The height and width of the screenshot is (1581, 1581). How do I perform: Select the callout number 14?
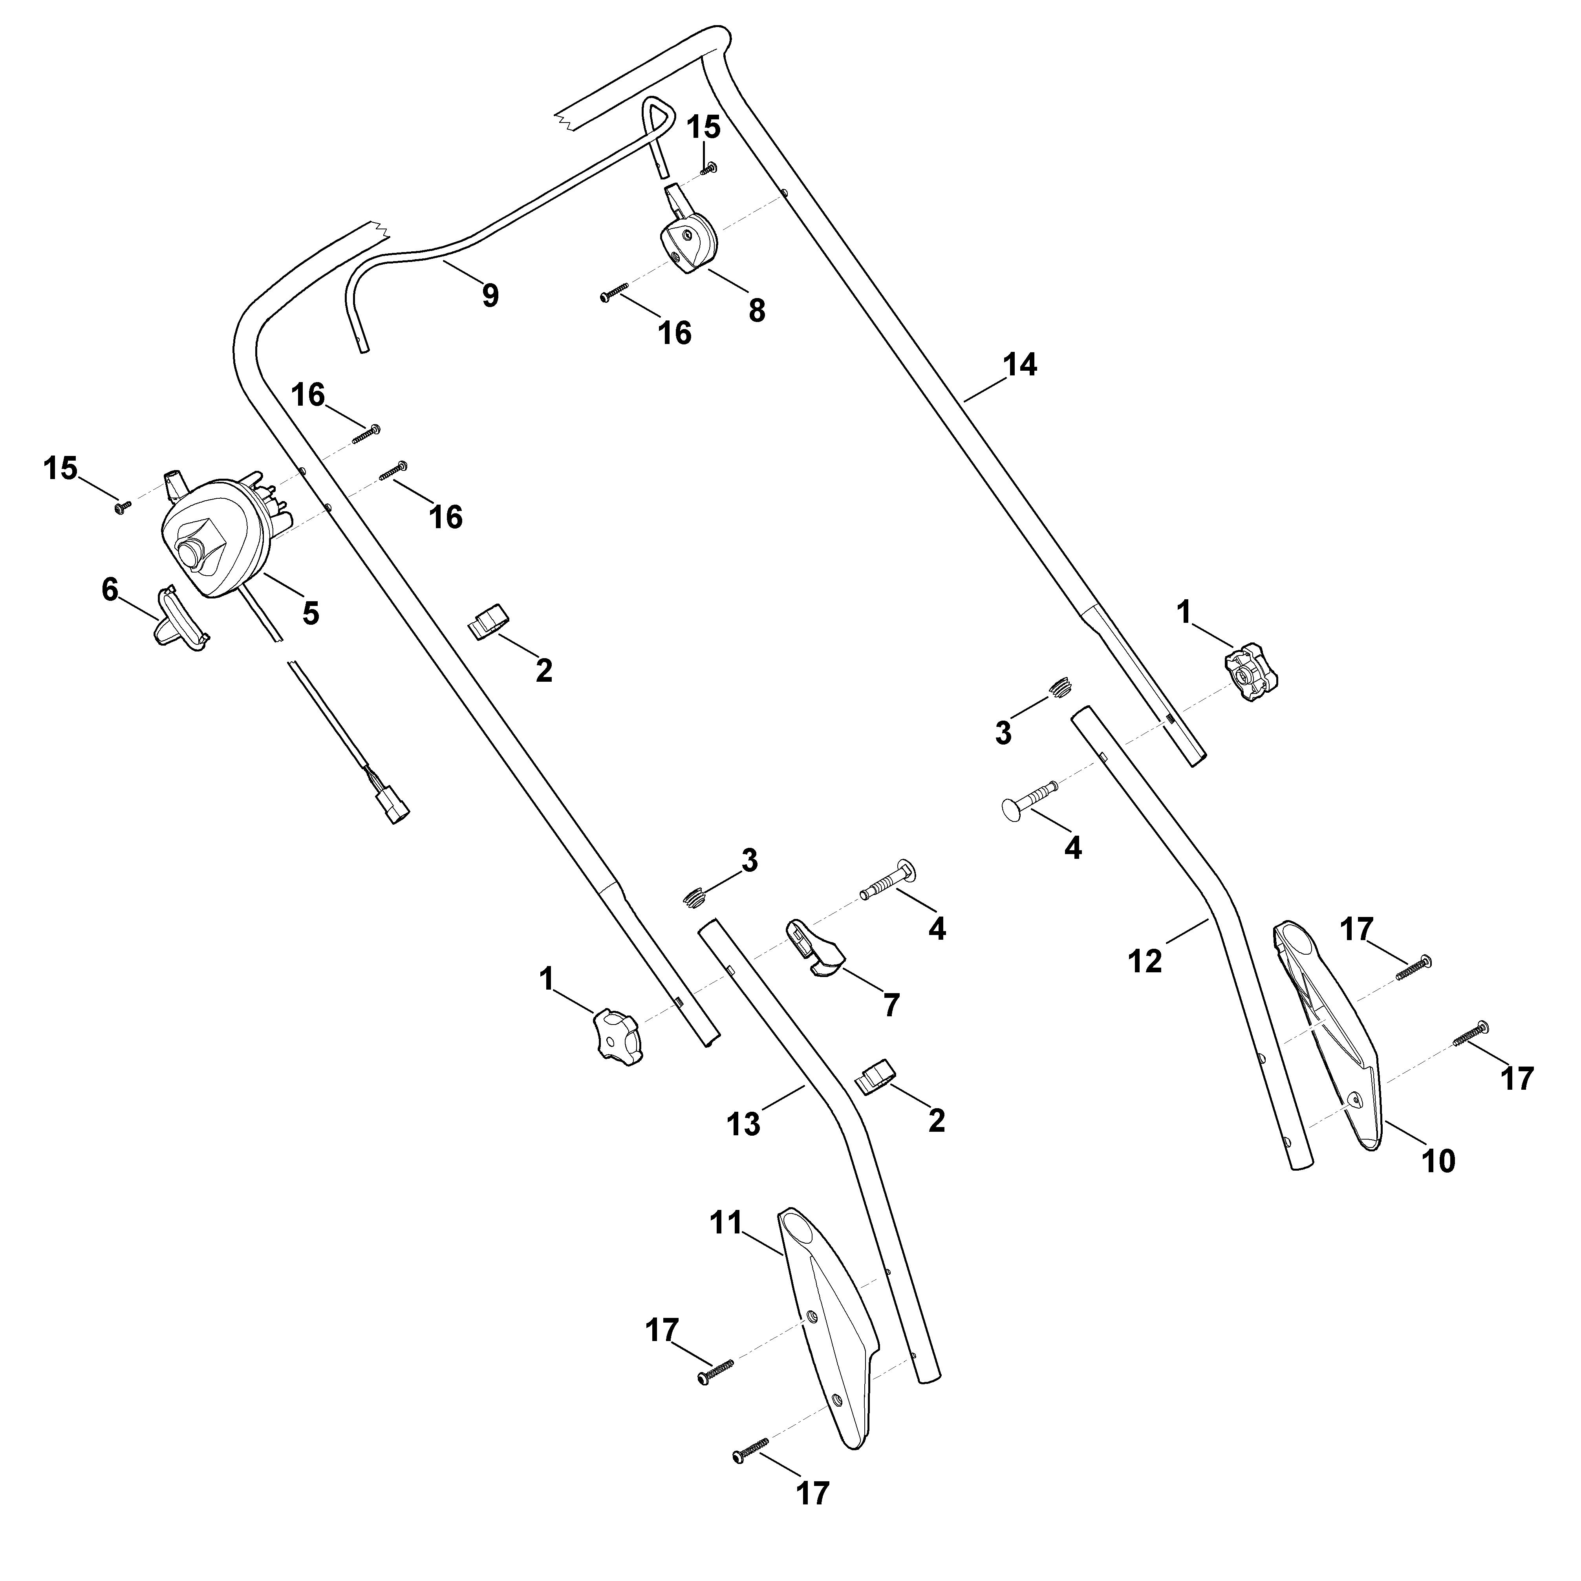point(1021,365)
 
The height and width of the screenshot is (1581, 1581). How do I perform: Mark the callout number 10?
point(1439,1160)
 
